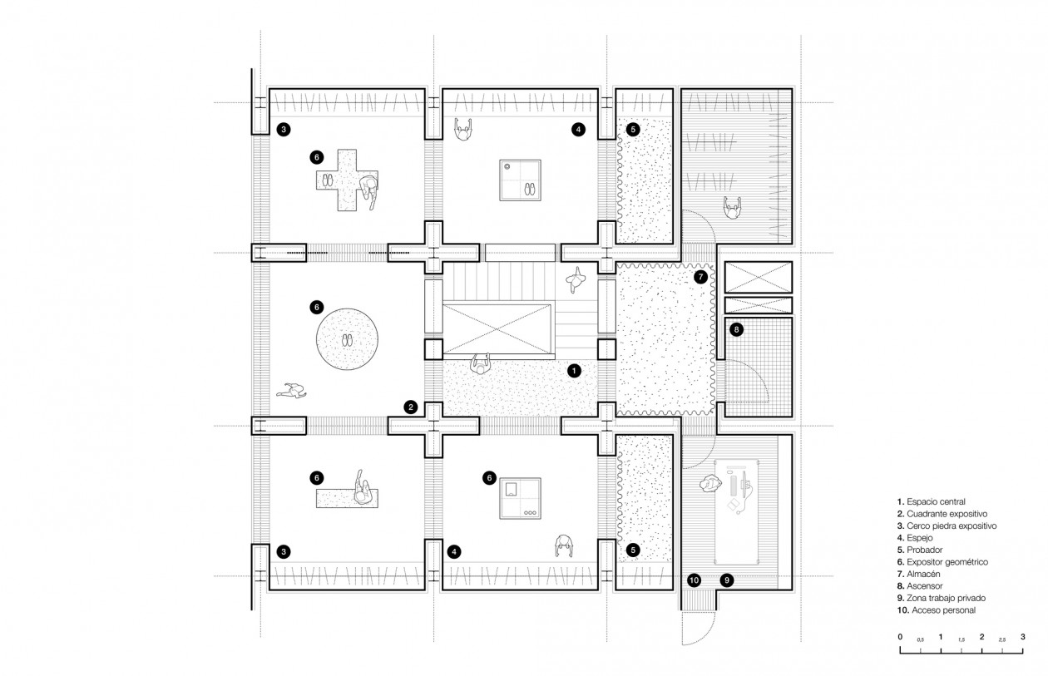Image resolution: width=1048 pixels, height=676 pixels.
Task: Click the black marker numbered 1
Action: tap(574, 371)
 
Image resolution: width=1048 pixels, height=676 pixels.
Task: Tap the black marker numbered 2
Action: tap(411, 407)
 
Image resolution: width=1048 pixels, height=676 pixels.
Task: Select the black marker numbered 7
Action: tap(700, 277)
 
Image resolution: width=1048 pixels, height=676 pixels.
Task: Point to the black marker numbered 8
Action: tap(736, 330)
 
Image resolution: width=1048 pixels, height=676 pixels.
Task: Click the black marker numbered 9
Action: tap(727, 580)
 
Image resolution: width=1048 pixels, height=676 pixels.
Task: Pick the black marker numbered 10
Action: tap(695, 580)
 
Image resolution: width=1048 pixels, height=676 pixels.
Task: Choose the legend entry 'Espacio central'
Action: tap(931, 501)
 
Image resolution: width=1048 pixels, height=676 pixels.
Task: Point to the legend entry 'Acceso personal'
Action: tap(937, 610)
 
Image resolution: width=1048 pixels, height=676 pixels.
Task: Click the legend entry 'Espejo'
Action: tap(915, 538)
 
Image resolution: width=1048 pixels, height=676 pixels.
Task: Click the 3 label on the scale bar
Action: tap(1023, 637)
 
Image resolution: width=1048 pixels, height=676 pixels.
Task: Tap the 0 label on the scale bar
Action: tap(900, 637)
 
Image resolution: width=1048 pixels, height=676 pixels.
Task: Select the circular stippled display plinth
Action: tap(347, 339)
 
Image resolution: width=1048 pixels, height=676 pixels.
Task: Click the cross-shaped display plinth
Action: tap(347, 180)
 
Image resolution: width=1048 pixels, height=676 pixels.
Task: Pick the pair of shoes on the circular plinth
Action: tap(347, 340)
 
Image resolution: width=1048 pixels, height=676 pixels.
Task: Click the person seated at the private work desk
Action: tap(710, 484)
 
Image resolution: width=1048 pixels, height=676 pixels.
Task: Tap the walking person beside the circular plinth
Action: tap(292, 391)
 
